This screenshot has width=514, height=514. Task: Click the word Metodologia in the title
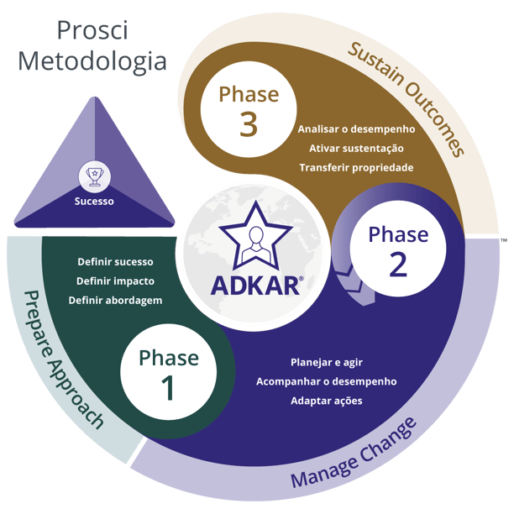[x=93, y=61]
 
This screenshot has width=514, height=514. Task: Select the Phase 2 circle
[x=398, y=249]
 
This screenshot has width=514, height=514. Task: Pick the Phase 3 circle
[x=248, y=110]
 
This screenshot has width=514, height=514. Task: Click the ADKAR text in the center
[x=256, y=285]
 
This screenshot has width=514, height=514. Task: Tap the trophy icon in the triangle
[x=93, y=176]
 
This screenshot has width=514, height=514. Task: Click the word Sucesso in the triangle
[x=93, y=202]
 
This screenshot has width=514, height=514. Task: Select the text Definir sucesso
[x=115, y=262]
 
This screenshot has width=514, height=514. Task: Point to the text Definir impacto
[x=115, y=281]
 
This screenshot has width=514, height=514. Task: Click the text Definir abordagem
[x=115, y=300]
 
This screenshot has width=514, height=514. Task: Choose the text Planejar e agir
[x=326, y=363]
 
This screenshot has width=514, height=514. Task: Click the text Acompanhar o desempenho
[x=326, y=381]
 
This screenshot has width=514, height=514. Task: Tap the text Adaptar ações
[x=326, y=401]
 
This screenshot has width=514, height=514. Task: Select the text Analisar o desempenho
[x=356, y=129]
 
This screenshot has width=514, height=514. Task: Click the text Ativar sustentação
[x=356, y=149]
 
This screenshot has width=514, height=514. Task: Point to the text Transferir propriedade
[x=356, y=167]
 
